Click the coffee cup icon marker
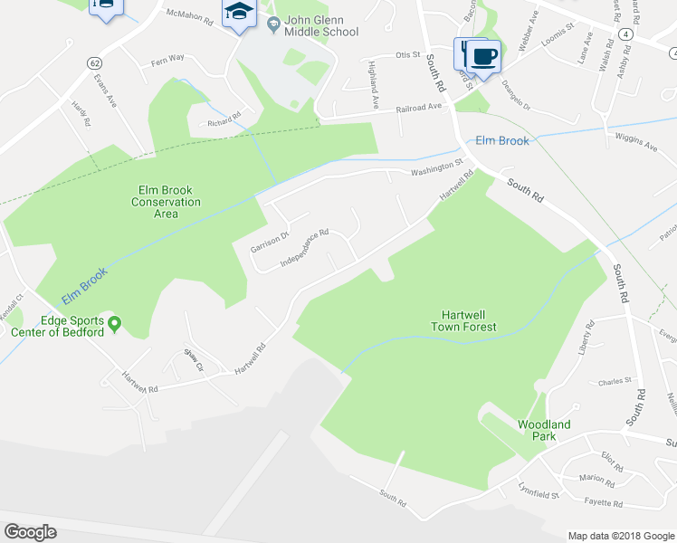click(x=485, y=55)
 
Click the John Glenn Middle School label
click(x=320, y=25)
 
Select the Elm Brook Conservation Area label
click(x=167, y=202)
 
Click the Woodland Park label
click(x=544, y=430)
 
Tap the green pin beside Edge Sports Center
click(x=115, y=323)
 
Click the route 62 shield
click(x=94, y=62)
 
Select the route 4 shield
click(x=626, y=33)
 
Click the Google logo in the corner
click(x=30, y=531)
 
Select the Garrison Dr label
click(x=270, y=242)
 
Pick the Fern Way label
click(x=167, y=58)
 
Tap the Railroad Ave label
click(x=418, y=108)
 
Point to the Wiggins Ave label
click(x=638, y=141)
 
